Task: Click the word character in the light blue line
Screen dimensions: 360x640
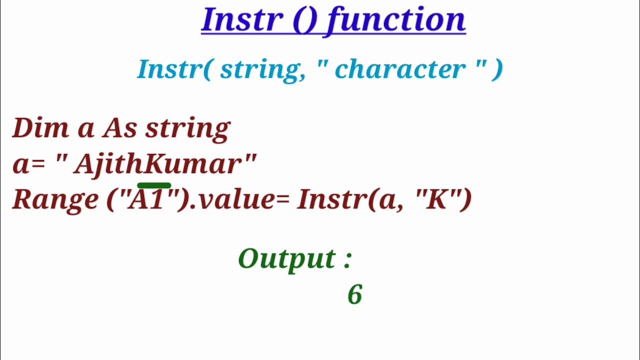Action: click(400, 69)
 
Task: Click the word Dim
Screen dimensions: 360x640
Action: click(40, 128)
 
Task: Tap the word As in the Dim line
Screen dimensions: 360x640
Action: click(119, 128)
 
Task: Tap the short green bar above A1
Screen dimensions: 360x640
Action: click(154, 185)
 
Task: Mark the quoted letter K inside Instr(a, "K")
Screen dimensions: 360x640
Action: click(436, 199)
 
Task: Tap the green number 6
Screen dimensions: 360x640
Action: click(354, 295)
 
